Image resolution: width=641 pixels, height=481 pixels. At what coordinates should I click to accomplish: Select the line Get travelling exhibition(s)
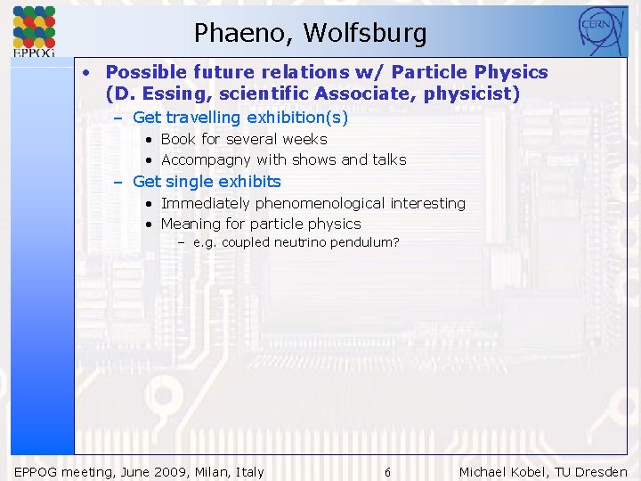239,118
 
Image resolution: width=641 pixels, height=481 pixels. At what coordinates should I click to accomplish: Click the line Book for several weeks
243,139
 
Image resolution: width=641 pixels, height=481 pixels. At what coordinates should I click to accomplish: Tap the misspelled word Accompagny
206,160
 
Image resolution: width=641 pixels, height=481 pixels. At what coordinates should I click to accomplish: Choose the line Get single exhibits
206,182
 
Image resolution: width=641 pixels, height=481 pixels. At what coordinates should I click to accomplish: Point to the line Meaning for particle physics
260,224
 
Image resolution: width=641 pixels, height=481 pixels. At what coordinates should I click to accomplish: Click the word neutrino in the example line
300,242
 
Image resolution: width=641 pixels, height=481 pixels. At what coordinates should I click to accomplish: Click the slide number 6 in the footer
387,472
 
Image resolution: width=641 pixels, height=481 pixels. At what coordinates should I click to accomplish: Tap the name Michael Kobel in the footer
499,472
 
